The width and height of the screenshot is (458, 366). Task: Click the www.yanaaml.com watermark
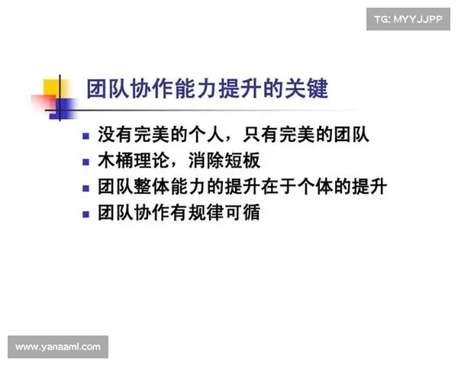click(57, 347)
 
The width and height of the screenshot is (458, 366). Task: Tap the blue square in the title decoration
click(60, 109)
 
